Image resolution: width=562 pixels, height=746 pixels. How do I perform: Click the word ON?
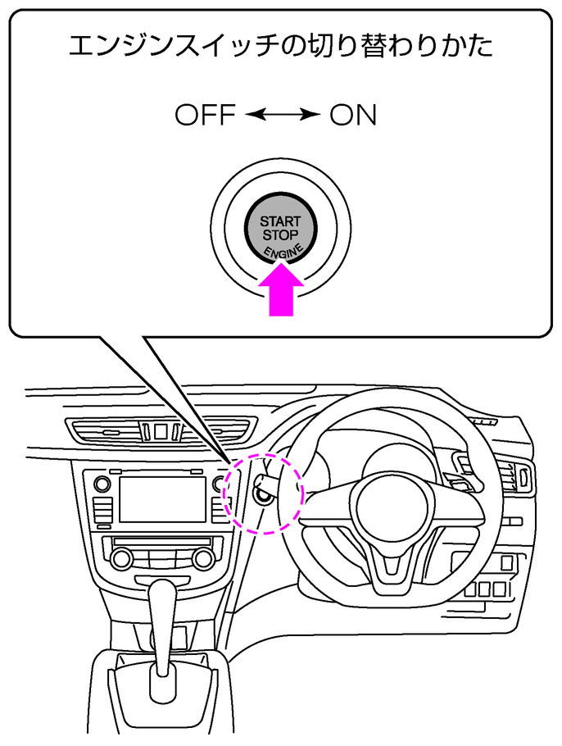coord(353,116)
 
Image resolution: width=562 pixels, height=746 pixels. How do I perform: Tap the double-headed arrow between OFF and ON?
coord(282,116)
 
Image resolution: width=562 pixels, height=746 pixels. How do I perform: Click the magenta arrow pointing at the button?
coord(281,293)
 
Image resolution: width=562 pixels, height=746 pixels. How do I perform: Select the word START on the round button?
coord(280,222)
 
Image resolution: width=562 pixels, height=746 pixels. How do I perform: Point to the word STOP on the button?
coord(280,235)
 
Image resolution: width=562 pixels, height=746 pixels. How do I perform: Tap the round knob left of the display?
coord(102,484)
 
